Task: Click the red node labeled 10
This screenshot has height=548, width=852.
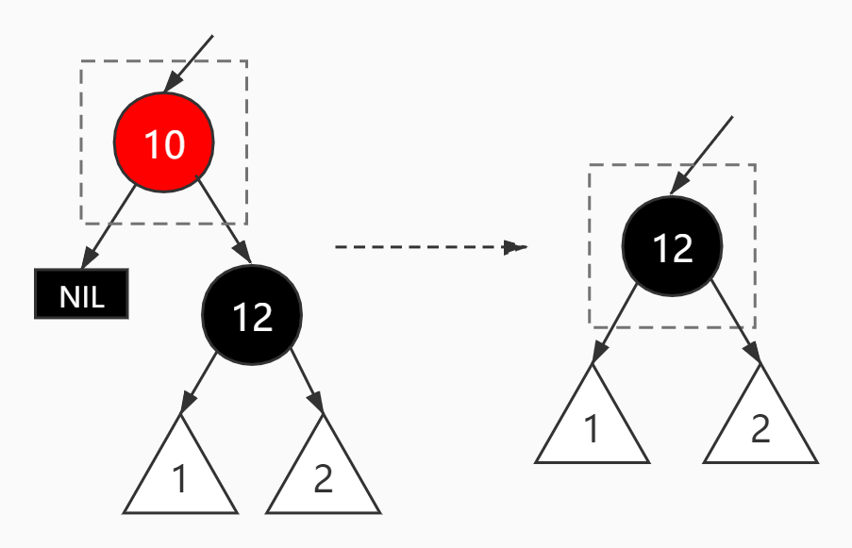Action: [x=164, y=144]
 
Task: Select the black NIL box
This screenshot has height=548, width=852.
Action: [x=81, y=295]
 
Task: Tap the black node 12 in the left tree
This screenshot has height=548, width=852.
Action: [x=252, y=316]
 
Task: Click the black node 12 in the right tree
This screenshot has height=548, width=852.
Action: [x=672, y=246]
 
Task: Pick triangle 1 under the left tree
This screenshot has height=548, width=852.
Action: [x=180, y=472]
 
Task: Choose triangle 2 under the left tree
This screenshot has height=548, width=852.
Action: [x=323, y=472]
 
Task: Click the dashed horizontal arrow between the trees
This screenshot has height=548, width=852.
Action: [x=425, y=247]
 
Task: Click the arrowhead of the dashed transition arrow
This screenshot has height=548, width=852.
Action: [x=515, y=248]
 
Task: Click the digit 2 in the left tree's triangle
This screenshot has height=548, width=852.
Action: [x=323, y=479]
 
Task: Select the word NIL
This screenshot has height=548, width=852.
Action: [x=81, y=296]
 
